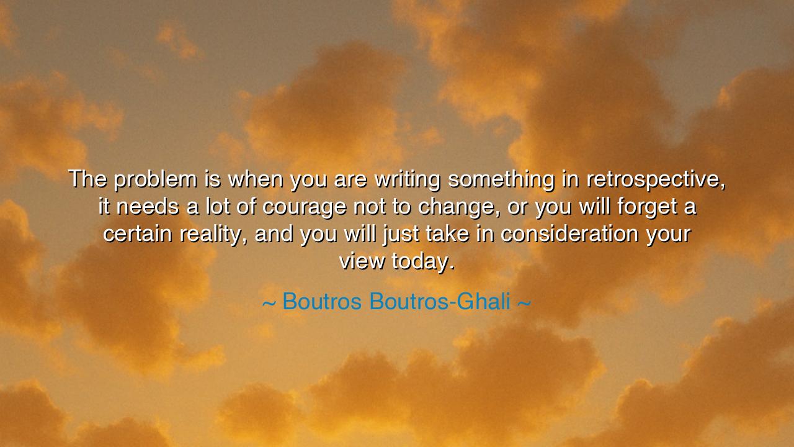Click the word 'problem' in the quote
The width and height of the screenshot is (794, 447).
(156, 179)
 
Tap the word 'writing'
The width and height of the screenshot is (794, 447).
(408, 179)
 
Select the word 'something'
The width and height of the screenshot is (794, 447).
(501, 179)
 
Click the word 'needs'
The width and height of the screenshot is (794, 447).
(148, 207)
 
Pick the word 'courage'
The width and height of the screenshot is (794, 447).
(305, 207)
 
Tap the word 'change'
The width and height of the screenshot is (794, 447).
(456, 207)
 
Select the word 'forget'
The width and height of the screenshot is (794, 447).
(647, 207)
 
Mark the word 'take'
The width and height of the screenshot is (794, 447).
(447, 234)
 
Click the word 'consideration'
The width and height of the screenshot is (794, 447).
(569, 234)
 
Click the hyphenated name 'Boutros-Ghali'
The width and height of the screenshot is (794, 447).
(440, 302)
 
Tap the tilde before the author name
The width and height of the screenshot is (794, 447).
(269, 304)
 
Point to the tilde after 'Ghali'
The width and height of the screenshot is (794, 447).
(524, 304)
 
